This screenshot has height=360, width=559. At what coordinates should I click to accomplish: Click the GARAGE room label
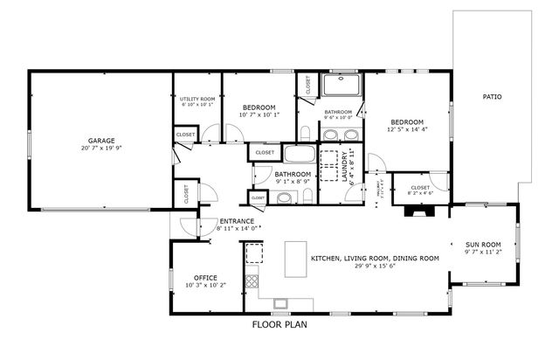[x=101, y=140]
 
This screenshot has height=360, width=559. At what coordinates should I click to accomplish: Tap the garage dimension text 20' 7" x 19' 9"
[x=101, y=149]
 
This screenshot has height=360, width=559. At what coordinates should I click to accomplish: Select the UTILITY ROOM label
[x=197, y=99]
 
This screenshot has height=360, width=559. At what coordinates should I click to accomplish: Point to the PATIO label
[x=493, y=96]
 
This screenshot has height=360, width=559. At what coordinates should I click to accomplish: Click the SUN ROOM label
[x=483, y=244]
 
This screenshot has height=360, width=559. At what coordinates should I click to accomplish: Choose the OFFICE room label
[x=206, y=277]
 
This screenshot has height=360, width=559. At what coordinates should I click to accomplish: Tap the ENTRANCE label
[x=236, y=221]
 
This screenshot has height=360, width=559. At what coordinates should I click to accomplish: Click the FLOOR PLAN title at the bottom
[x=279, y=324]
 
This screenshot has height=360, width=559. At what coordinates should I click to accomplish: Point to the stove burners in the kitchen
[x=252, y=281]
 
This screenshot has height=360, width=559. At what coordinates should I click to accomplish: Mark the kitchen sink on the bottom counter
[x=281, y=304]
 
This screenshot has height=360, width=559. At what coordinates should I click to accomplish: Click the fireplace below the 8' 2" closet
[x=419, y=211]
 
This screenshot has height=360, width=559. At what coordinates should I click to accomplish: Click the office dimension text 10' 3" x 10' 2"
[x=206, y=285]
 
